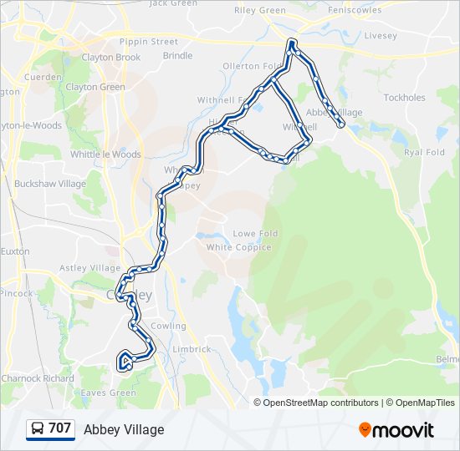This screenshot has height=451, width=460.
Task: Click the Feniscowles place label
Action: (355, 10)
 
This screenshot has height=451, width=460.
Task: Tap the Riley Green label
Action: (260, 10)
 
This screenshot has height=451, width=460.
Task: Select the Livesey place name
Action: (381, 36)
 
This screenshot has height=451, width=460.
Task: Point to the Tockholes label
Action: (405, 98)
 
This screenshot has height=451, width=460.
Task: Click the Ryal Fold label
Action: (424, 153)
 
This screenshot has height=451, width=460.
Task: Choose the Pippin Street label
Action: (149, 42)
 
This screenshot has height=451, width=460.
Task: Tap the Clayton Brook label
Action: (111, 58)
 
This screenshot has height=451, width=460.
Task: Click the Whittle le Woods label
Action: (105, 155)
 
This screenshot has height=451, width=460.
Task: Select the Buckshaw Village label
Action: (50, 184)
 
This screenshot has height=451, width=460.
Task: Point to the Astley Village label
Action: (90, 268)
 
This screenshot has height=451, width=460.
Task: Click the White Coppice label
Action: (239, 247)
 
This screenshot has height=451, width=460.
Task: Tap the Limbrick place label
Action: (192, 349)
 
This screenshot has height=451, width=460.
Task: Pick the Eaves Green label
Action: (109, 393)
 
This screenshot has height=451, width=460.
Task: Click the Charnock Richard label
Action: (38, 378)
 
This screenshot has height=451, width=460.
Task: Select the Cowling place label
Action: (169, 326)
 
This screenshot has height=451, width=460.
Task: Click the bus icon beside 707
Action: (38, 429)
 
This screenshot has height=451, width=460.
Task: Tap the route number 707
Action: (60, 428)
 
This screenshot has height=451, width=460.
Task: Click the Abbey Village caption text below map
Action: (124, 429)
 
